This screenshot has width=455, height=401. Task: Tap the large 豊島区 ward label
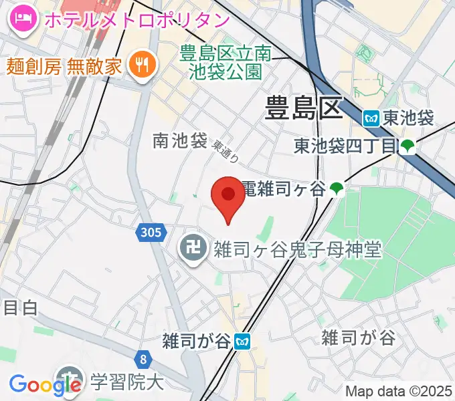[304, 108]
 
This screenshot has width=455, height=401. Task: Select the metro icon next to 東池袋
[373, 119]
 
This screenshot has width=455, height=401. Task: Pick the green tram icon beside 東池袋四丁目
[407, 146]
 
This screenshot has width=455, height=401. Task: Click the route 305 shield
[152, 233]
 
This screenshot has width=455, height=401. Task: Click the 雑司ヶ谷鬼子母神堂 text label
[297, 251]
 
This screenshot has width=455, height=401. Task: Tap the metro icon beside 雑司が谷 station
[243, 342]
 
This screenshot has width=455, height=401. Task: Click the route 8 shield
[144, 359]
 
